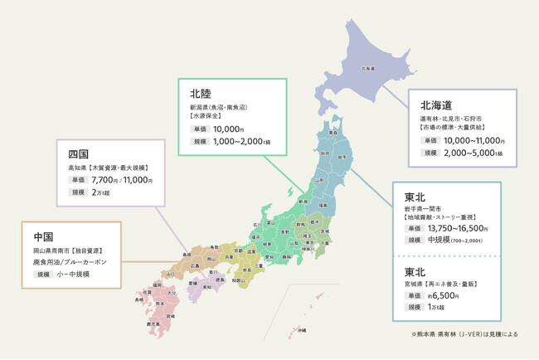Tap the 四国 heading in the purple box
click(78, 154)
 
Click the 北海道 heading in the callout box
click(435, 105)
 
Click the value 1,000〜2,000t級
click(243, 143)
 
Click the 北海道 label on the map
click(367, 69)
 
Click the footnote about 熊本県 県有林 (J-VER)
click(464, 334)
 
